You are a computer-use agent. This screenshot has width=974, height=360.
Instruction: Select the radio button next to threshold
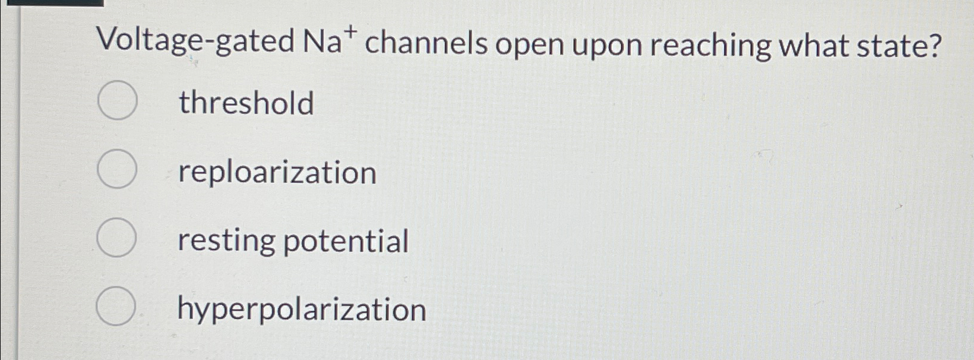[x=118, y=101]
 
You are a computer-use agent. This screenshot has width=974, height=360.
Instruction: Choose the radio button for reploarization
[x=118, y=169]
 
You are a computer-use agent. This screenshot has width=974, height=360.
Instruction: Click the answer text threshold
[x=246, y=103]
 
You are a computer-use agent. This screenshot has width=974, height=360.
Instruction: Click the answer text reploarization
[x=277, y=172]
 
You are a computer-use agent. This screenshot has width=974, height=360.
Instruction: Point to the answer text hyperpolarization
[x=302, y=310]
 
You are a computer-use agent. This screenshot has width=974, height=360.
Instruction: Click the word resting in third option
[x=227, y=241]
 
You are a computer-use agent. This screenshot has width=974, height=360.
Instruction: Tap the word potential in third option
[x=346, y=241]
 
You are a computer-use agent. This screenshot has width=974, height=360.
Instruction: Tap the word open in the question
[x=529, y=45]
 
